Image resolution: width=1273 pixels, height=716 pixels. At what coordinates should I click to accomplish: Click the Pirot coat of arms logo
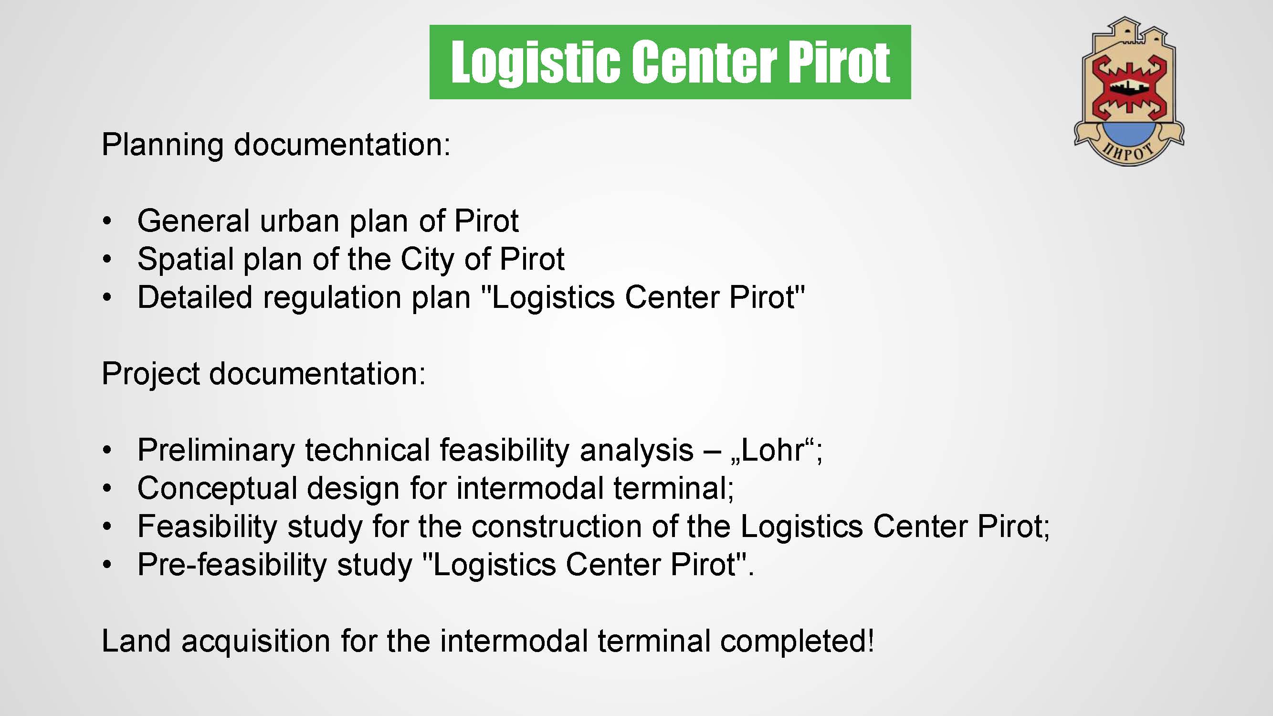tap(1129, 92)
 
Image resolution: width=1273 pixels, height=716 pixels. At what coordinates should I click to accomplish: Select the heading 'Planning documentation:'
tap(276, 145)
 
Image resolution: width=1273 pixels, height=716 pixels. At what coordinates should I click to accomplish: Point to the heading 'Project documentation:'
tap(263, 374)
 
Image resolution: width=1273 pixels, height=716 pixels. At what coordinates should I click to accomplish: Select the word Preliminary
tap(216, 451)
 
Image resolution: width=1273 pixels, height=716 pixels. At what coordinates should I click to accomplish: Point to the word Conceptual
tap(217, 489)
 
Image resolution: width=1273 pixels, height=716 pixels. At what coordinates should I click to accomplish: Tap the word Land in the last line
tap(136, 641)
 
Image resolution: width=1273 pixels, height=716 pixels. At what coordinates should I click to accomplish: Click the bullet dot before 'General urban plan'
tap(107, 221)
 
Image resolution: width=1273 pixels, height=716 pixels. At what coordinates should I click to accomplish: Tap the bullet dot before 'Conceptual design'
tap(107, 489)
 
